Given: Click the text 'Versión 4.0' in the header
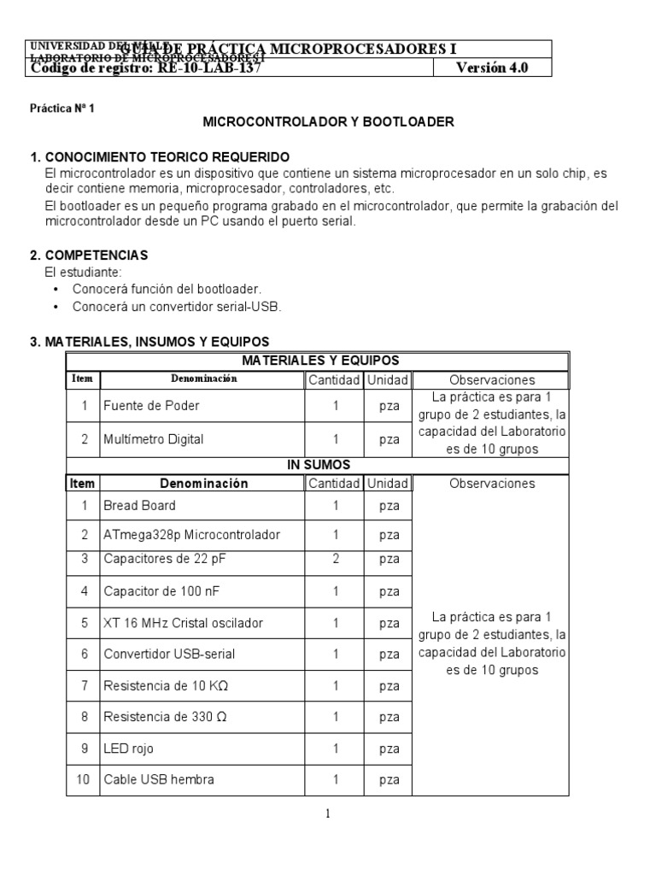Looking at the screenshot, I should pyautogui.click(x=492, y=69).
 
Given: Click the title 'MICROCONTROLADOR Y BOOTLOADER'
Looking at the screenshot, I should pyautogui.click(x=328, y=122).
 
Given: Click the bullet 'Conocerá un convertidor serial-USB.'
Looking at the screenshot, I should pyautogui.click(x=176, y=306).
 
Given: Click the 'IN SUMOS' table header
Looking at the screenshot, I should pyautogui.click(x=317, y=465).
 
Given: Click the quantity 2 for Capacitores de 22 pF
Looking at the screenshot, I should pyautogui.click(x=336, y=559).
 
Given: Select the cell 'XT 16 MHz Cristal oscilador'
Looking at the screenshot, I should pyautogui.click(x=183, y=623).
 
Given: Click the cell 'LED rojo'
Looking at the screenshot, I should pyautogui.click(x=128, y=749).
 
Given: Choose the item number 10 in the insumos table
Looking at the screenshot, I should pyautogui.click(x=83, y=779).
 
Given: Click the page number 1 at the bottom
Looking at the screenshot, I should pyautogui.click(x=327, y=814).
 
